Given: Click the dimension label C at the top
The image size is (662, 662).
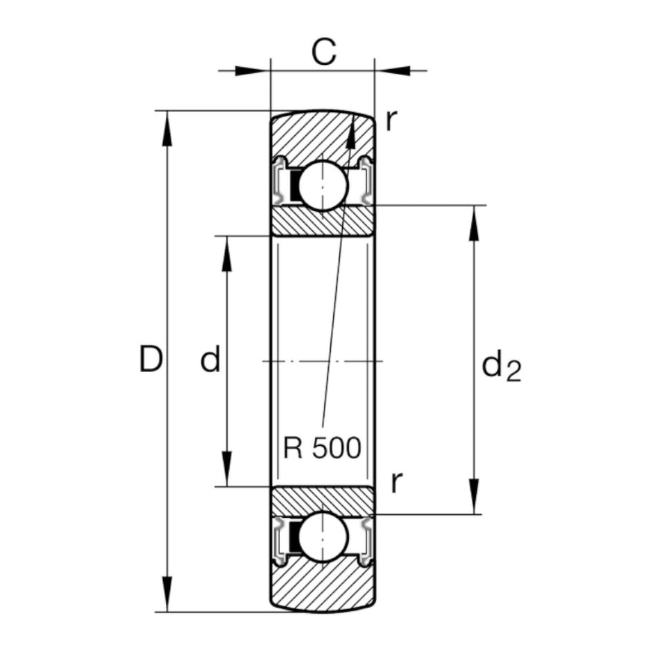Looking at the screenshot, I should pyautogui.click(x=323, y=52).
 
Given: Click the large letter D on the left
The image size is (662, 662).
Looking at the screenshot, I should pyautogui.click(x=151, y=360).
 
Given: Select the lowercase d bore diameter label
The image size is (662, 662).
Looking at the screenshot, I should pyautogui.click(x=210, y=360).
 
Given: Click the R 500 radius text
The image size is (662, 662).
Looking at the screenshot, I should pyautogui.click(x=323, y=448).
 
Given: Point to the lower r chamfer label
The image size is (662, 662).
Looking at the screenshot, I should pyautogui.click(x=396, y=482).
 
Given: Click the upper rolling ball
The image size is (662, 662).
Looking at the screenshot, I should pyautogui.click(x=323, y=185).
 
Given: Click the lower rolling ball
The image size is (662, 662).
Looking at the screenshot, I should pyautogui.click(x=323, y=536).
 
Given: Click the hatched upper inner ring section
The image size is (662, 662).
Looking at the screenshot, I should pyautogui.click(x=323, y=222).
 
